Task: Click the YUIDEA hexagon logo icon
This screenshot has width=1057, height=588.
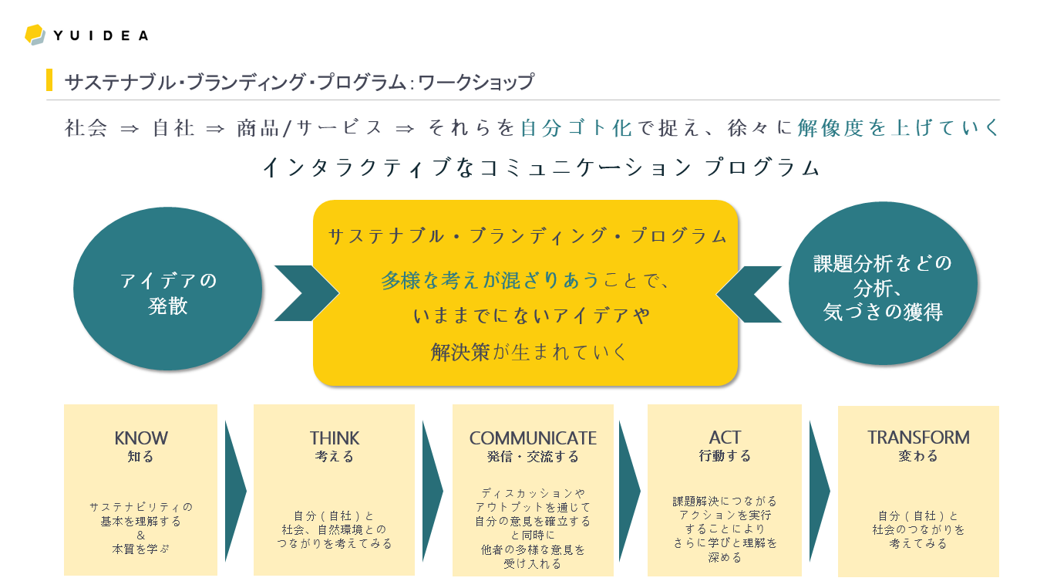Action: coord(35,35)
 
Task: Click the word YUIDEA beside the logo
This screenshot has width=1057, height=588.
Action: coord(101,35)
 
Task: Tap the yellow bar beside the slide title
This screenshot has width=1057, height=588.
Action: coord(49,80)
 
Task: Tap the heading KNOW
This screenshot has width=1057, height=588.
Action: coord(140,438)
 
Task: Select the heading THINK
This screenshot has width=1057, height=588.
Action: coord(334,438)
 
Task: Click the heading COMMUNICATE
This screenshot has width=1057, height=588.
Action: coord(533,438)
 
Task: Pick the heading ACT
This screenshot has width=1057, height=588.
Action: coord(725,438)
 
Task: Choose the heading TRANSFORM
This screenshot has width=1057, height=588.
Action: coord(918,438)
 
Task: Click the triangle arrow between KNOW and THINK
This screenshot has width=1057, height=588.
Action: coord(234,491)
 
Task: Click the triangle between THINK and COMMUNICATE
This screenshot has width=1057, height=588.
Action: coord(432,491)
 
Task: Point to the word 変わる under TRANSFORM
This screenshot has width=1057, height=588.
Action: coord(918,456)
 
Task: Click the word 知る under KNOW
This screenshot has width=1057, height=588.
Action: coord(140,457)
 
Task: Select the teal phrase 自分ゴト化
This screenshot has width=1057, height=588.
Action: coord(576,128)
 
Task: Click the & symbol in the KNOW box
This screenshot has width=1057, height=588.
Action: coord(140,536)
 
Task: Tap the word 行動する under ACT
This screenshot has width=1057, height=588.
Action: coord(725,456)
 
